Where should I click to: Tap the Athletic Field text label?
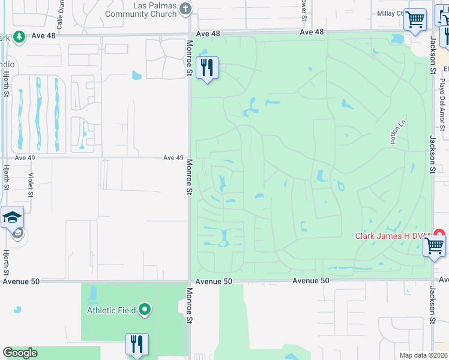[x=112, y=310]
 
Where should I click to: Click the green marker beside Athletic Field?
[x=145, y=310]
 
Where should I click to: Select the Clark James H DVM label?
[x=390, y=236]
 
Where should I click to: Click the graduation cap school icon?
[x=12, y=217]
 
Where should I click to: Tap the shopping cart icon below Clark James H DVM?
[x=434, y=245]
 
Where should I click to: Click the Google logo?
[x=20, y=353]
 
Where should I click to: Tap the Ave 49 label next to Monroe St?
[x=173, y=158]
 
